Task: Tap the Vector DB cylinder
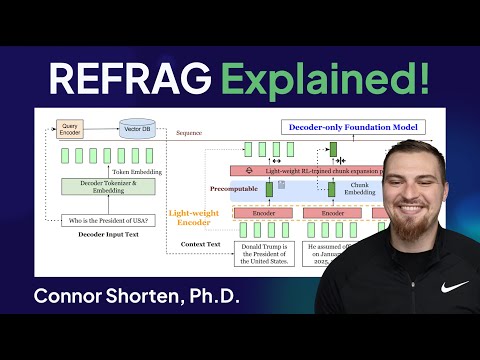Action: tap(137, 128)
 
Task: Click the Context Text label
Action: tap(200, 243)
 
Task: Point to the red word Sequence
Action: tap(190, 132)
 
